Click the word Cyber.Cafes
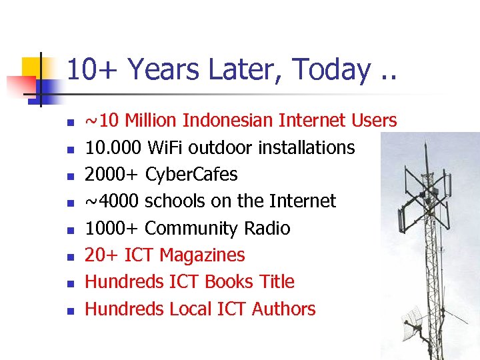click(191, 175)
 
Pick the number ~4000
click(112, 201)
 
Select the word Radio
click(267, 229)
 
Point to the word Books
click(229, 282)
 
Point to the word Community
click(191, 229)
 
